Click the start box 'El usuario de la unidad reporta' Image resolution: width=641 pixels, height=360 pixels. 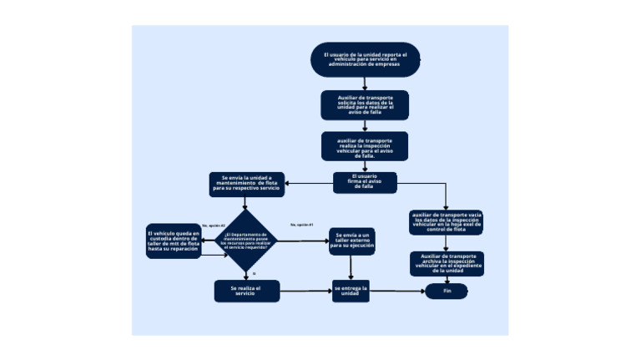365,58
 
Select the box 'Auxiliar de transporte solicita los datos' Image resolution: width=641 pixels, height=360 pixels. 365,105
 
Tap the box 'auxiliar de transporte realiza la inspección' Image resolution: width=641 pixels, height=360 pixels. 365,146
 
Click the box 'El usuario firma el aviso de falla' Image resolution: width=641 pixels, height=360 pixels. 365,182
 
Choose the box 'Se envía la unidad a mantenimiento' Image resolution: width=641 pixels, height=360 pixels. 247,184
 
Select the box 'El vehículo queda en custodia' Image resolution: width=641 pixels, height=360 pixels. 174,241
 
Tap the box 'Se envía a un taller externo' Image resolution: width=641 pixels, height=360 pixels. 351,241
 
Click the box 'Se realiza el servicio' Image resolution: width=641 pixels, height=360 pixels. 246,291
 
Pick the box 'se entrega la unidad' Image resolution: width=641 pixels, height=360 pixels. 351,291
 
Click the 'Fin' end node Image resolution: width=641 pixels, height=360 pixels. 447,292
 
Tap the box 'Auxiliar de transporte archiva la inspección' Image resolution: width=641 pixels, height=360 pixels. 447,263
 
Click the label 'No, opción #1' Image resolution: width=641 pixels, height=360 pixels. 301,225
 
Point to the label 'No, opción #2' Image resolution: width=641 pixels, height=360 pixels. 214,226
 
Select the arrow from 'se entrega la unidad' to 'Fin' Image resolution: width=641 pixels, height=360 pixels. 396,292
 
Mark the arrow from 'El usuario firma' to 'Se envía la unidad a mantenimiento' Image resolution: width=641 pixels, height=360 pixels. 309,184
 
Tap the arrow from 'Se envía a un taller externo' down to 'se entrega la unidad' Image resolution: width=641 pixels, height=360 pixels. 351,266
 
